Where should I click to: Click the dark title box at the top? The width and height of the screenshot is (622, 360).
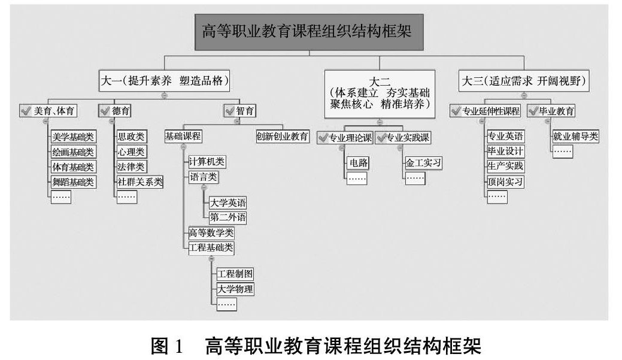[309, 32]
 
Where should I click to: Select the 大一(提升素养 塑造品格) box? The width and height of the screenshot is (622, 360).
[165, 80]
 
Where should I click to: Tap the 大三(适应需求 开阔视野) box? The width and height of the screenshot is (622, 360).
[523, 80]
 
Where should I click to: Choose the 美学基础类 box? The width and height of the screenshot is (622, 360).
[72, 137]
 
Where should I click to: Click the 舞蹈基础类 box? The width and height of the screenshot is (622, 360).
[72, 181]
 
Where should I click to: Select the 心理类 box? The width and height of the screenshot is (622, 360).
[131, 152]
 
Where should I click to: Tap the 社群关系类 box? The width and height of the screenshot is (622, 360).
[139, 181]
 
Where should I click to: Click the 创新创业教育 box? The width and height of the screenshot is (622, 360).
[282, 136]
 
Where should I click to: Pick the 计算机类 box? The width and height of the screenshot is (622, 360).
[207, 162]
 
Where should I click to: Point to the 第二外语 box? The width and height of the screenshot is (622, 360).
[227, 217]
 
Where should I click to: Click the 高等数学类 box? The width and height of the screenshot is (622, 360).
[211, 232]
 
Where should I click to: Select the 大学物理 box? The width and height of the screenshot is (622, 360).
[235, 289]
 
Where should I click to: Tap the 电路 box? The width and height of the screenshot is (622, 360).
[357, 162]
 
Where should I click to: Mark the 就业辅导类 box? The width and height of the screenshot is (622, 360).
[575, 137]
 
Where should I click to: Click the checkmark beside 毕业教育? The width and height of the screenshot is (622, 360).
[534, 111]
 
